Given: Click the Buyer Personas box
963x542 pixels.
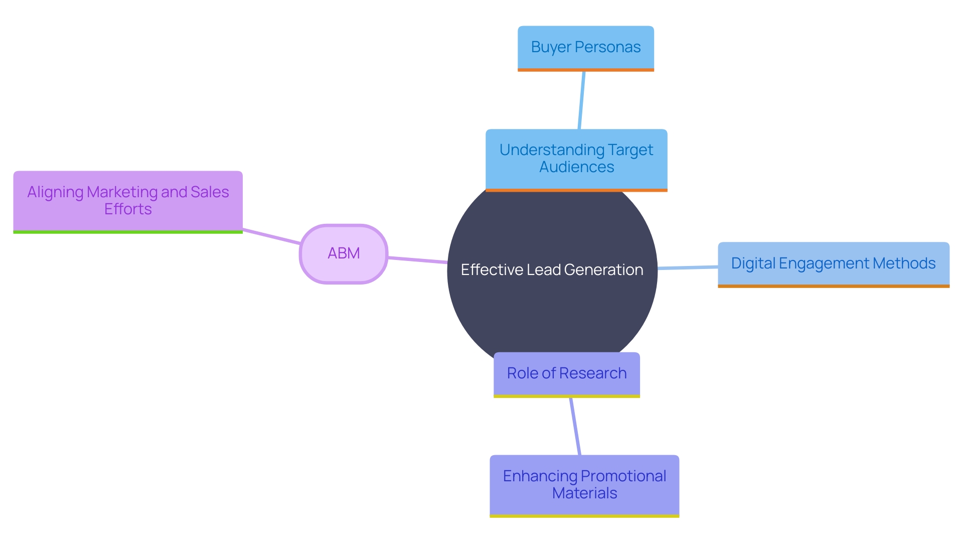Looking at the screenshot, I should click(x=585, y=48).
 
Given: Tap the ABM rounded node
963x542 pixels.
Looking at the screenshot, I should click(x=344, y=253).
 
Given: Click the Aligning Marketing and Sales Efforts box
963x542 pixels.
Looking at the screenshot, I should click(x=128, y=201).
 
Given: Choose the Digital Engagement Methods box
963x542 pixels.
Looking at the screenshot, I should click(x=833, y=263).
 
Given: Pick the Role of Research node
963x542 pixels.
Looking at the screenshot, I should click(x=566, y=373).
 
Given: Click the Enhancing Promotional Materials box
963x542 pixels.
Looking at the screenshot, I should click(x=584, y=485).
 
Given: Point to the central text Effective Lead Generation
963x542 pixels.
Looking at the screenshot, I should click(x=552, y=270).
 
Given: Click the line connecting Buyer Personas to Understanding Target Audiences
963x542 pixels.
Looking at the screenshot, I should click(x=582, y=100).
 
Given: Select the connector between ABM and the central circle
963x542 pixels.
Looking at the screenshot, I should click(x=417, y=260).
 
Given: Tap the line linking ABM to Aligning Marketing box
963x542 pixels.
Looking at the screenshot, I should click(x=271, y=236).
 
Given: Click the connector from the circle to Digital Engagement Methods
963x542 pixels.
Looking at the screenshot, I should click(x=687, y=267).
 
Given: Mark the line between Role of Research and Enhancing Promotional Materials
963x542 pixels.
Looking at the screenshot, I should click(x=575, y=427).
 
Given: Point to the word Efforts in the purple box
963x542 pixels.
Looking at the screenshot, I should click(x=128, y=209).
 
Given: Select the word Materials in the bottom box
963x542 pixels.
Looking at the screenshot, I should click(x=584, y=493).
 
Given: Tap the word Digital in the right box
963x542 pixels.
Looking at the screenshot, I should click(x=751, y=263).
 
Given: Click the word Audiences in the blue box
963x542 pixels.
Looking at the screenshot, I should click(x=576, y=167).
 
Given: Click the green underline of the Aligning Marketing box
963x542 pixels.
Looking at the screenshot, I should click(x=128, y=232).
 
